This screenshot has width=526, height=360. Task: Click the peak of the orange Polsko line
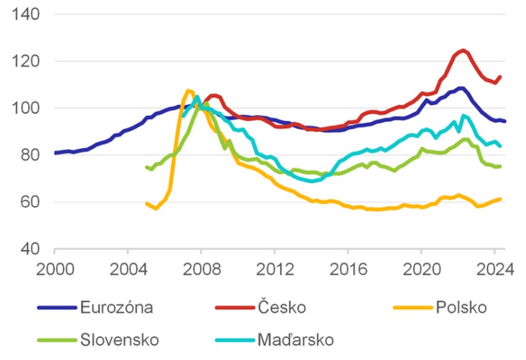189,90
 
